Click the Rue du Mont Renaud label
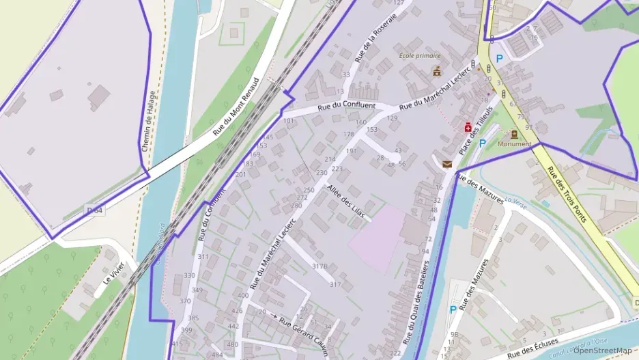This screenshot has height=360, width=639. click(236, 106)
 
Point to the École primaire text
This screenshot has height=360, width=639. click(420, 56)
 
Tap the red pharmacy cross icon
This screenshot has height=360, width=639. click(468, 127)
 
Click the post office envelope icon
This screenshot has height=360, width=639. click(446, 164)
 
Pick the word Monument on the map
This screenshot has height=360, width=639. click(515, 144)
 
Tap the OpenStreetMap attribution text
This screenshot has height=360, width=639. click(602, 350)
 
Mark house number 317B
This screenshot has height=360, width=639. click(319, 266)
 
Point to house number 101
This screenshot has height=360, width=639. click(289, 121)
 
